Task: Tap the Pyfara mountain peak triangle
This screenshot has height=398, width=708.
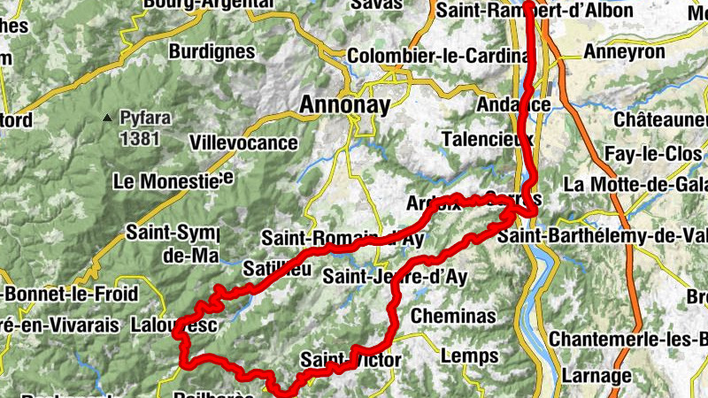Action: (x=107, y=117)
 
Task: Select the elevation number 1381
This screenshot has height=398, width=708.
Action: (x=140, y=137)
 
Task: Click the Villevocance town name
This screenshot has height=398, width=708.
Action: (x=243, y=142)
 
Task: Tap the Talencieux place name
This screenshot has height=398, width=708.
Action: (x=486, y=140)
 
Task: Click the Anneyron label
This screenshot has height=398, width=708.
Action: (x=624, y=52)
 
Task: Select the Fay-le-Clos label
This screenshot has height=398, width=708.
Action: (x=653, y=154)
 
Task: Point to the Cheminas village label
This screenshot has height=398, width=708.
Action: (x=454, y=316)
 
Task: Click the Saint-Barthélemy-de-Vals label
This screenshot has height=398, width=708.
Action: (x=602, y=236)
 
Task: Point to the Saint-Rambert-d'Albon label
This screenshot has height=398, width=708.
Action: (x=535, y=11)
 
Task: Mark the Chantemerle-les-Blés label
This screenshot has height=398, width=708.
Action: (x=627, y=339)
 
